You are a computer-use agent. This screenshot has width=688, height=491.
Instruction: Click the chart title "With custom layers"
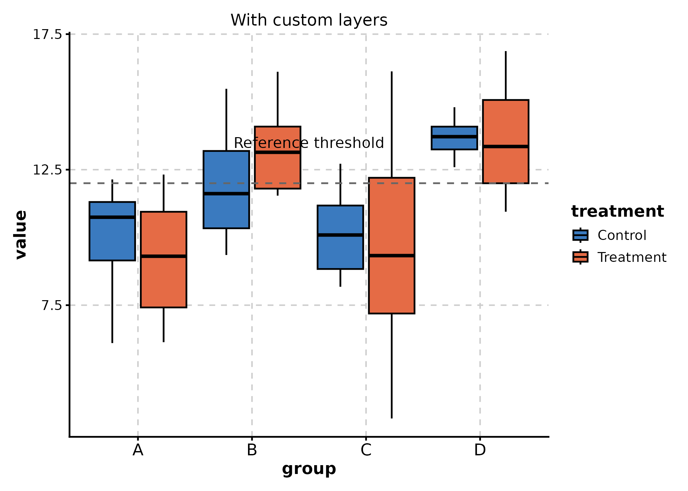tap(309, 20)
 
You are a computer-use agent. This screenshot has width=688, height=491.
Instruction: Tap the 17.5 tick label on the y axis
tap(47, 34)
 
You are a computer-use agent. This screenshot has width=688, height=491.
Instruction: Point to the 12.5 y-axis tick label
tap(47, 170)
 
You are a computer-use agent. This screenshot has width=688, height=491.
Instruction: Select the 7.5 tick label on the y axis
tap(51, 305)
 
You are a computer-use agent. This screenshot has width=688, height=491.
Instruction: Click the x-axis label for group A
tap(138, 450)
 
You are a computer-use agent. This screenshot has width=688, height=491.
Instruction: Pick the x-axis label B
tap(252, 450)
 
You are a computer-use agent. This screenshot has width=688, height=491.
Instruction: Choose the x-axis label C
tap(366, 450)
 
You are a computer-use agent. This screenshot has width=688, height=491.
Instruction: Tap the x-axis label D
tap(480, 450)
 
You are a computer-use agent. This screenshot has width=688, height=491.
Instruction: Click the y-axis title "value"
tap(21, 235)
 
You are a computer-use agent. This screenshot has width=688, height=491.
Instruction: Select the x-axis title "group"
tap(309, 469)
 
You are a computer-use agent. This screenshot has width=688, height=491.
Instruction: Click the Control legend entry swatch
tap(580, 235)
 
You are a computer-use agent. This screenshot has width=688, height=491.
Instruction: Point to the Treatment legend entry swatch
tap(580, 257)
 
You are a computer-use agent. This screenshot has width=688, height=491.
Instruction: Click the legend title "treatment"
tap(617, 211)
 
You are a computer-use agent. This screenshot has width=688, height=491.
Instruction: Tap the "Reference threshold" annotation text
tap(309, 143)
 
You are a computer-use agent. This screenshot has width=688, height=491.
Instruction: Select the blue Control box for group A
tap(112, 239)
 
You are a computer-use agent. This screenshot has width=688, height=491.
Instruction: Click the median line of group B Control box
tap(226, 194)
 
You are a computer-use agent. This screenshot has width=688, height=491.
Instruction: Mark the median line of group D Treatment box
tap(506, 147)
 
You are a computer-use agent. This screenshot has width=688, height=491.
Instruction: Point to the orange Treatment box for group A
tap(163, 282)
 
